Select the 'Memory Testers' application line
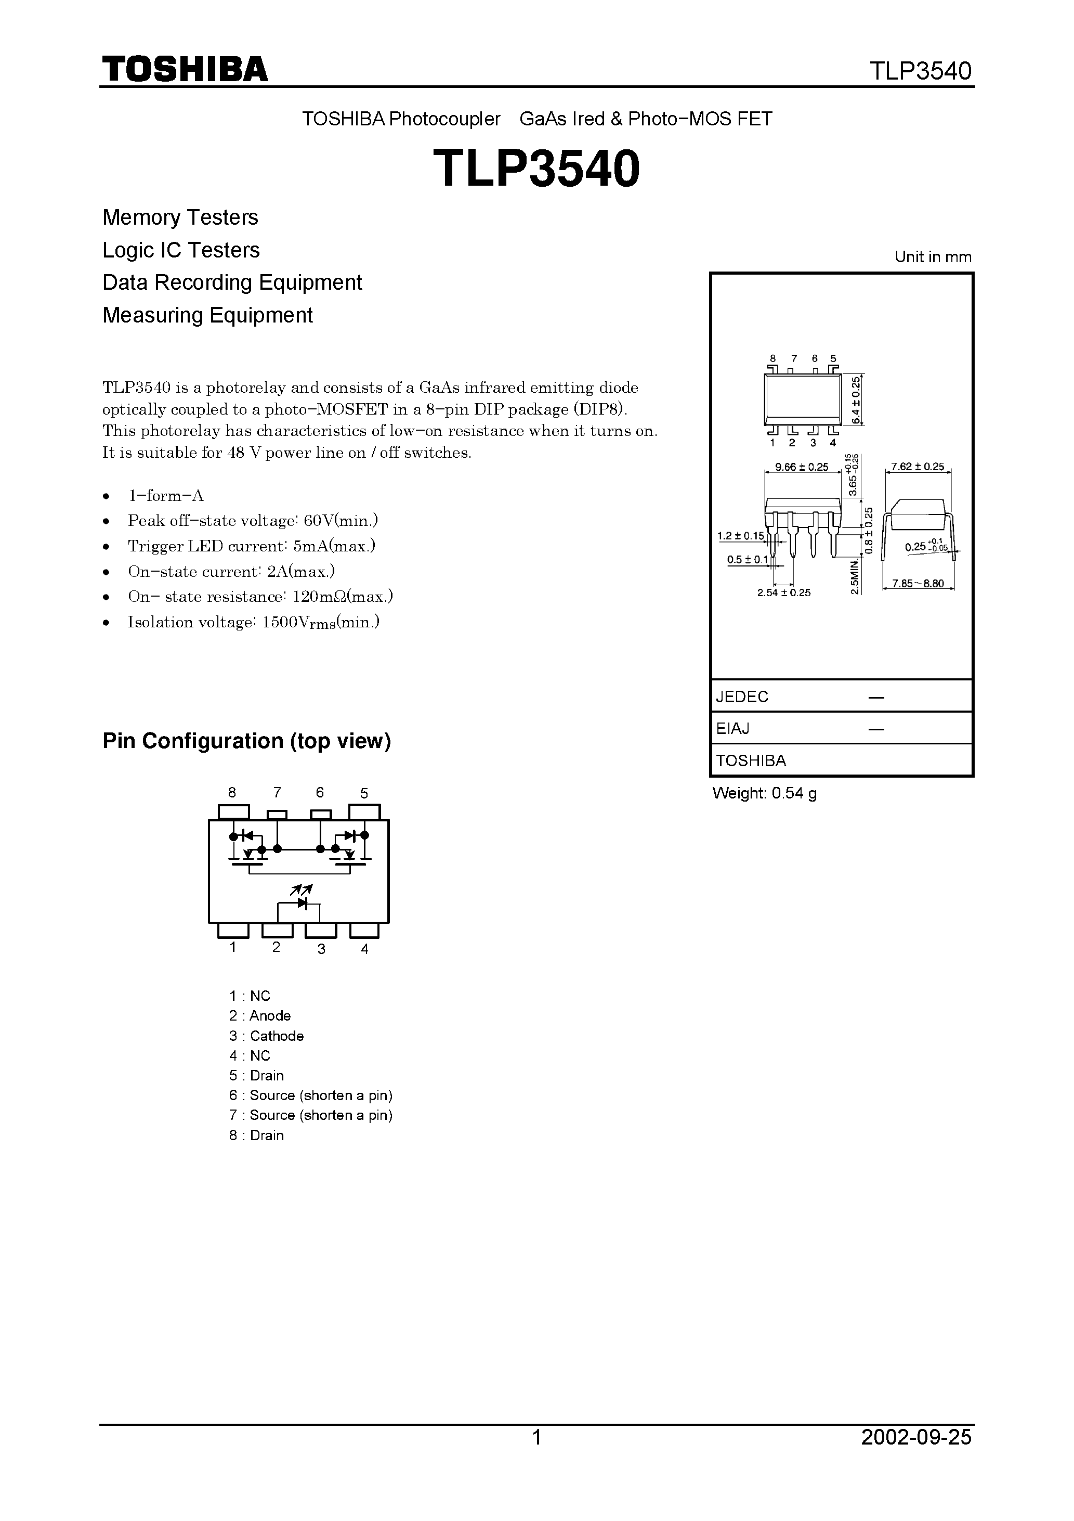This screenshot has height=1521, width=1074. [x=180, y=217]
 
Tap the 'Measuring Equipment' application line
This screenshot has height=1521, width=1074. [x=207, y=315]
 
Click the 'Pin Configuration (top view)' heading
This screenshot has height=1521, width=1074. [x=246, y=741]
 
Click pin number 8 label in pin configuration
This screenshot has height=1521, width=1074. [x=232, y=792]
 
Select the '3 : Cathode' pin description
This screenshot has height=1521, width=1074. [x=266, y=1036]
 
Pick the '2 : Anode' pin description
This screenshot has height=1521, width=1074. [x=259, y=1016]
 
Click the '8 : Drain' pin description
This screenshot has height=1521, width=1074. [x=256, y=1136]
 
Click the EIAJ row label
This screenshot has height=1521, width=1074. [x=733, y=729]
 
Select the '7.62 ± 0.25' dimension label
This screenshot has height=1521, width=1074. [x=918, y=467]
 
